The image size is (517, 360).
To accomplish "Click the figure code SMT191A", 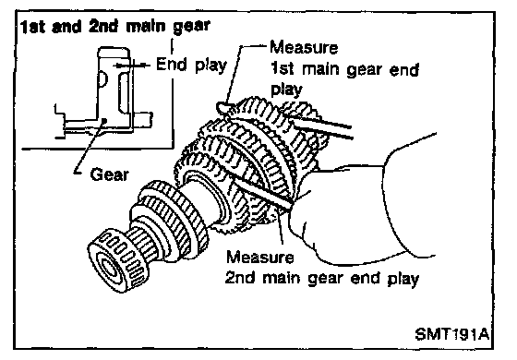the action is coord(451,334).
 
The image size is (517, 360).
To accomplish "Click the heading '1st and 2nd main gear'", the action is coord(115,27).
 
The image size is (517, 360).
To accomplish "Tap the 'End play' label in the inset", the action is coord(191,65).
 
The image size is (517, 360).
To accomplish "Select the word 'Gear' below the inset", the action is coord(109,174).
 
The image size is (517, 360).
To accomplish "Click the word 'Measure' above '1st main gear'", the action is coord(304,47).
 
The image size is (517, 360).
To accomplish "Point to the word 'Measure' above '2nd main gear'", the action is coord(259,257).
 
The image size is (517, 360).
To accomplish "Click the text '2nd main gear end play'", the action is coord(322,279).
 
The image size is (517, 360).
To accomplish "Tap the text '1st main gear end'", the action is coord(344,69).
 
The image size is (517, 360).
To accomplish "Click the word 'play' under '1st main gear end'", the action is coord(286,90).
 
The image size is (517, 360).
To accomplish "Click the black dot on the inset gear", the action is coord(104,121).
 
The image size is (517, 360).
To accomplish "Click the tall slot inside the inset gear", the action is coord(123,93).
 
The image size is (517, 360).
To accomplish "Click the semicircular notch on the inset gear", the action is coord(102,78).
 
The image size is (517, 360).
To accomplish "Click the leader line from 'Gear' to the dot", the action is coord(89,147).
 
